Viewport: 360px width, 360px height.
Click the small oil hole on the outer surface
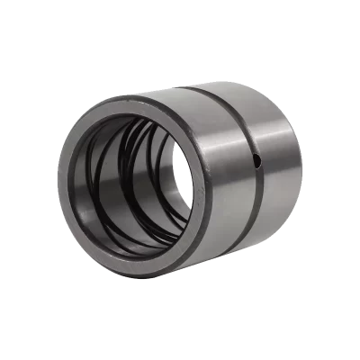(256, 161)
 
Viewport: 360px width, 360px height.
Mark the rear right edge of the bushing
(301, 171)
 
